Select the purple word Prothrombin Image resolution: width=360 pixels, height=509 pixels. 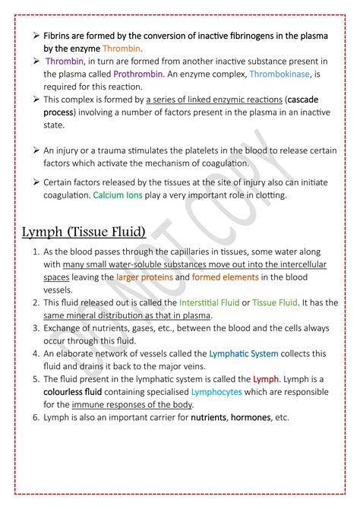coord(138,74)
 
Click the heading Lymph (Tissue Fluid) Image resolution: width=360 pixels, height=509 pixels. coord(85,231)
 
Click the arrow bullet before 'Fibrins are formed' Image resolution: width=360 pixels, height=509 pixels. coord(35,36)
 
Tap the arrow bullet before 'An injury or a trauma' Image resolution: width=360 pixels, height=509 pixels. coord(35,150)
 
